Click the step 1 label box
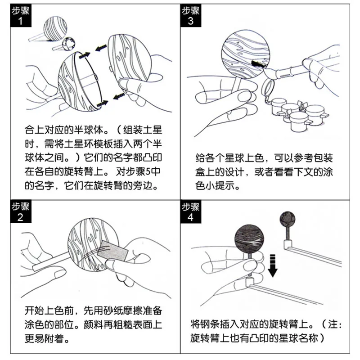tap(21, 16)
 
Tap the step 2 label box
tap(21, 211)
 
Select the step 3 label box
tap(191, 16)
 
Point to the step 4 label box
tap(191, 211)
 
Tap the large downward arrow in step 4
tap(273, 265)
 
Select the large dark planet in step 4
tap(249, 239)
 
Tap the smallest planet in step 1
tap(68, 43)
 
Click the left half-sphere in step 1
tap(80, 81)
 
